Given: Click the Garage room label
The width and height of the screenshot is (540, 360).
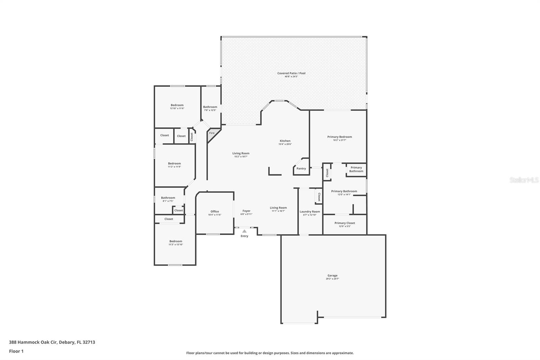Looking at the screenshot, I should click(332, 276).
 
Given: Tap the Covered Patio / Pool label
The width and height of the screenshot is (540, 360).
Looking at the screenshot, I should click(291, 73).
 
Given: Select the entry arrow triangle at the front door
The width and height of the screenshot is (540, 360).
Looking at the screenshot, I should click(244, 231).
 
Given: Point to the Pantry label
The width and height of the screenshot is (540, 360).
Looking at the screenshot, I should click(301, 169).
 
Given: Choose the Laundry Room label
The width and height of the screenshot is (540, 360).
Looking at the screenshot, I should click(309, 212).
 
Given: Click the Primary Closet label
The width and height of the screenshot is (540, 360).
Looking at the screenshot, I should click(345, 223).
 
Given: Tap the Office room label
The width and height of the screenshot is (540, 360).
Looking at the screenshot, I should click(215, 211).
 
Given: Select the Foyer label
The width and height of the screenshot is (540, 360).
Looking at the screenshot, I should click(246, 211).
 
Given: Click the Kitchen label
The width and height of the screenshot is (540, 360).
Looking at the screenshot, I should click(285, 141).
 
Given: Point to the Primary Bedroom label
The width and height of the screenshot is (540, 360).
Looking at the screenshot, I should click(339, 137).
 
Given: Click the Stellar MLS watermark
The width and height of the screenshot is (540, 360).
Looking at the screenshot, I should click(524, 180).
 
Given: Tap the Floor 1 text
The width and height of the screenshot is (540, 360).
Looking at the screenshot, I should click(16, 351).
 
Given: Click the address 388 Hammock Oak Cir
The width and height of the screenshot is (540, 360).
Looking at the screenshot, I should click(52, 342).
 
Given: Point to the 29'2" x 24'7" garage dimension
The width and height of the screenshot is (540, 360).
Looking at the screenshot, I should click(332, 279).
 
